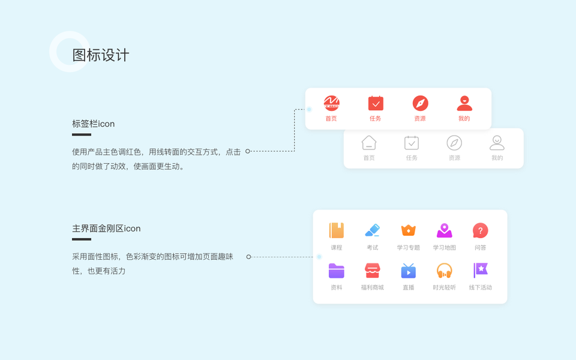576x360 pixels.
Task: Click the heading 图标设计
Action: point(101,55)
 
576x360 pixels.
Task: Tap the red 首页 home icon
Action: point(332,103)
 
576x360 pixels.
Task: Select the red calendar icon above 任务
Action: point(376,103)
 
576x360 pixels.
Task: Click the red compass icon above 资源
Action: point(420,103)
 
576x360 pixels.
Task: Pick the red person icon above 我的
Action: point(464,103)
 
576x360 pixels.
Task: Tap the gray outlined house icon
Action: point(369,143)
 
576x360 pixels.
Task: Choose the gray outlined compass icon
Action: point(454,143)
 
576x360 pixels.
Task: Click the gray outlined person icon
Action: point(497,143)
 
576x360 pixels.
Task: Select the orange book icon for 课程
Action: point(337,230)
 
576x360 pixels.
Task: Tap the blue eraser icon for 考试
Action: point(372,230)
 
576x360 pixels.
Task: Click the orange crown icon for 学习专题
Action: point(408,230)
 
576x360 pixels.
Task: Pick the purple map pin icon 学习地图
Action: point(444,230)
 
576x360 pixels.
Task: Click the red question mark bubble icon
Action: point(480,230)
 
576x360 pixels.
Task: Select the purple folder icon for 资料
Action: point(337,271)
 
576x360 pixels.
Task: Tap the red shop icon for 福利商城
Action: point(372,271)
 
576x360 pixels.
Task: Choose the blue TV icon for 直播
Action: point(408,271)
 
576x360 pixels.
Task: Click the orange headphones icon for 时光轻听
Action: point(444,271)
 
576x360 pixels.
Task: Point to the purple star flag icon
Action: point(480,271)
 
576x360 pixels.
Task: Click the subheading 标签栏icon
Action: point(93,124)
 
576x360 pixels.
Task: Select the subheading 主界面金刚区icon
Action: point(106,229)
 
